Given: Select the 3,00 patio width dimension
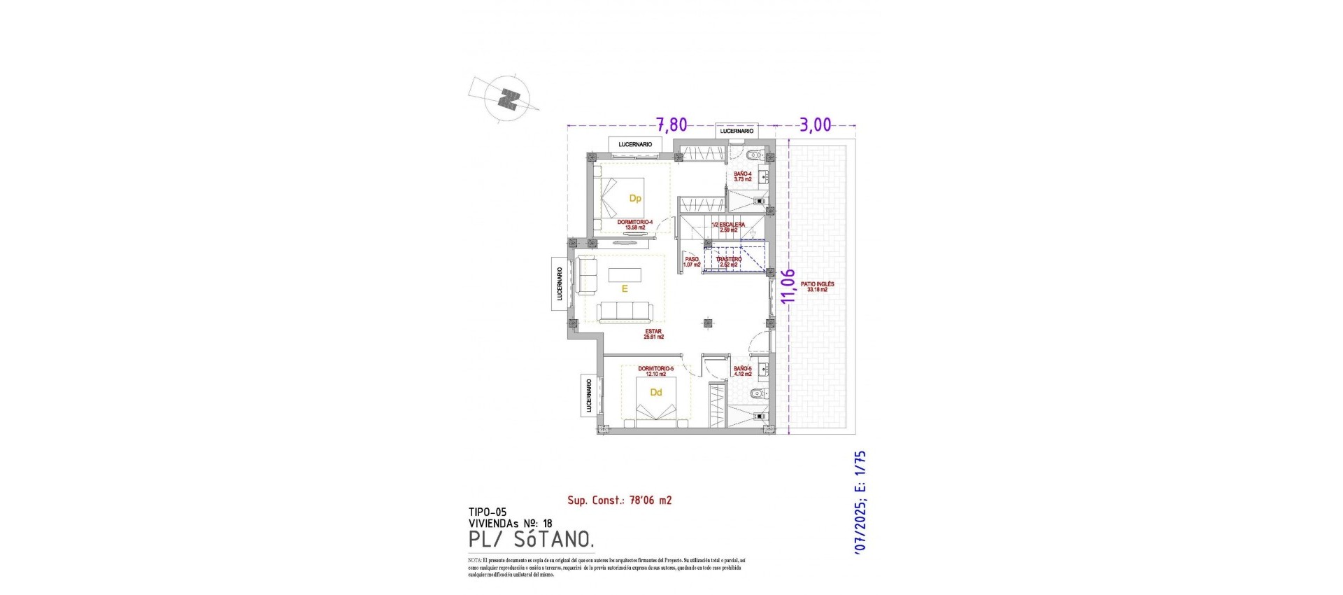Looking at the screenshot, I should pyautogui.click(x=815, y=125).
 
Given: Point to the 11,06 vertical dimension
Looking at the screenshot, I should pyautogui.click(x=789, y=286).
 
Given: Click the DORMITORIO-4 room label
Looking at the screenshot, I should pyautogui.click(x=145, y=225).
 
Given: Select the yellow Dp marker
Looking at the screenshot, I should pyautogui.click(x=635, y=199).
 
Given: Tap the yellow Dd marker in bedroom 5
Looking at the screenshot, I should pyautogui.click(x=655, y=393).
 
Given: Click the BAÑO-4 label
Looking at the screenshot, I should pyautogui.click(x=742, y=176).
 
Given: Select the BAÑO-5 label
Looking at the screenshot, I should pyautogui.click(x=742, y=371).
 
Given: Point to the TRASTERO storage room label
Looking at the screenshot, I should pyautogui.click(x=728, y=262).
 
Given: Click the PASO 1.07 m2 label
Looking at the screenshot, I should pyautogui.click(x=692, y=262).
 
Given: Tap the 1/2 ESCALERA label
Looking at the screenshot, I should pyautogui.click(x=728, y=227).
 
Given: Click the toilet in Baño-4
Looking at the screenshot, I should pyautogui.click(x=754, y=155).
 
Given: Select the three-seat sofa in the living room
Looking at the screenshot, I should pyautogui.click(x=134, y=311).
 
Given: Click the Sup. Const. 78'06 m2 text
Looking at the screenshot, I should pyautogui.click(x=619, y=500).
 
